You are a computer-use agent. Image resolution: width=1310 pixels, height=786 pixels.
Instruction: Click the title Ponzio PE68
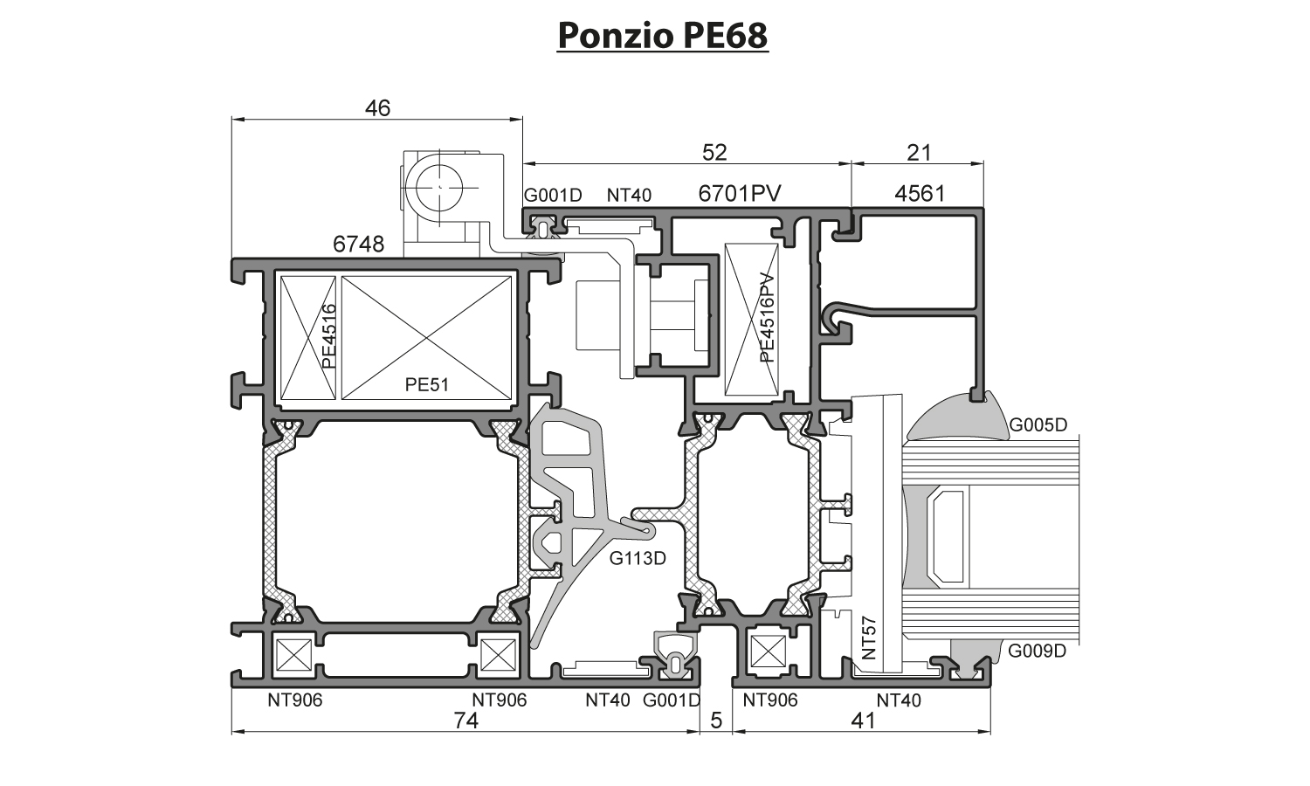pos(662,36)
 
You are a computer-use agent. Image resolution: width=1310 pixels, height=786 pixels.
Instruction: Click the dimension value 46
pos(377,108)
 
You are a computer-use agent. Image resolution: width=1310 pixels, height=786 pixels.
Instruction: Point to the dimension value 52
pos(714,153)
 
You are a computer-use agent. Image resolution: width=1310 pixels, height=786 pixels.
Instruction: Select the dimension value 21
pos(919,153)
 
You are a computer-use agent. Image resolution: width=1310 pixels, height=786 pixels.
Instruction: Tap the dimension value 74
pos(465,720)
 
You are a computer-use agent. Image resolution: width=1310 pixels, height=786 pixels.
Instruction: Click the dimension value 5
pos(717,720)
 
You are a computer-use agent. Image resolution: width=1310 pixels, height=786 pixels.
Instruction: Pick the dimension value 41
pos(862,720)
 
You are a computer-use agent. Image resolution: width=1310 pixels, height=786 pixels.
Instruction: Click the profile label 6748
pos(358,245)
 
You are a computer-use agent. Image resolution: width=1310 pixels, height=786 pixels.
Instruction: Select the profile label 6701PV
pos(739,194)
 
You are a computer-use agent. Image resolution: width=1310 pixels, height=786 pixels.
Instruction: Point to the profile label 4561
pos(920,194)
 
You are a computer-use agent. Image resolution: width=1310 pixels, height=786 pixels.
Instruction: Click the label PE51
pos(426,383)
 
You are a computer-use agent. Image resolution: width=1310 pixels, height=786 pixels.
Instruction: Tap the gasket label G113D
pos(638,558)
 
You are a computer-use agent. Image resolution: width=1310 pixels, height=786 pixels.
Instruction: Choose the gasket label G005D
pos(1038,426)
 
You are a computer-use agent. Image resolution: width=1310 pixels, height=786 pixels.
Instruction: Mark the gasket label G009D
pos(1038,651)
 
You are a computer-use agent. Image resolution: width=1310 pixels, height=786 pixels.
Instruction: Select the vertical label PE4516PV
pos(767,317)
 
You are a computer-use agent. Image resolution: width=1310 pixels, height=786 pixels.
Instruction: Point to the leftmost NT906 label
pos(294,700)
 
